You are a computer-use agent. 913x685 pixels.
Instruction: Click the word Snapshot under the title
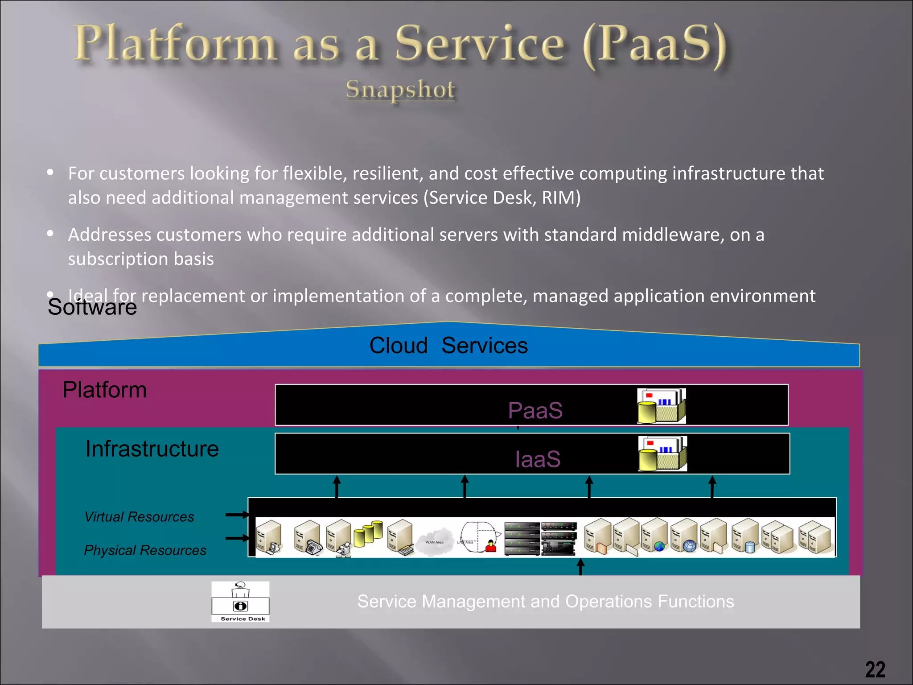[x=400, y=89]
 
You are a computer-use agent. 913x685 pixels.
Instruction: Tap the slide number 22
[x=875, y=669]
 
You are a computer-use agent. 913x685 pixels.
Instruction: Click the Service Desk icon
[x=240, y=601]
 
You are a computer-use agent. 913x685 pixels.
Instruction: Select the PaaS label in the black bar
[x=535, y=410]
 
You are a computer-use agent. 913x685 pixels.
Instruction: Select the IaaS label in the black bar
[x=538, y=459]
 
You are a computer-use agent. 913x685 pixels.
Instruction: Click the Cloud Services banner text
[x=448, y=346]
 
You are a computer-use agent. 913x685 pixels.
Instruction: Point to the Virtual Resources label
[x=139, y=516]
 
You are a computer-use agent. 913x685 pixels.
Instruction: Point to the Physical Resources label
[x=145, y=550]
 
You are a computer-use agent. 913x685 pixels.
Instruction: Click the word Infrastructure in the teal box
[x=152, y=449]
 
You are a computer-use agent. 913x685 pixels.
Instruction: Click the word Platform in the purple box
[x=104, y=390]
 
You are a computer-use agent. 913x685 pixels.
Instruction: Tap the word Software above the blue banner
[x=92, y=307]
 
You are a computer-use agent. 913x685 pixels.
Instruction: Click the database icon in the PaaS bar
[x=661, y=405]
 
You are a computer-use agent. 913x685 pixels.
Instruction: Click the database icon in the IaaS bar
[x=662, y=454]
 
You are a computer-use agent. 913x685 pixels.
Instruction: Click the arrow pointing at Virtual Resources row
[x=237, y=515]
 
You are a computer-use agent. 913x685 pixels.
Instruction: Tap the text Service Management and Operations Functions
[x=545, y=601]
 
